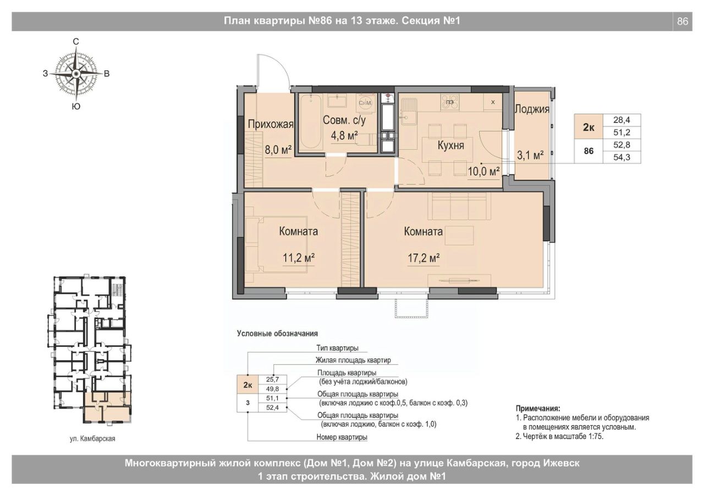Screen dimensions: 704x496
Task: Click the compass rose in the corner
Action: pyautogui.click(x=76, y=74)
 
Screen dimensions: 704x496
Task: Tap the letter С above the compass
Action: pyautogui.click(x=76, y=41)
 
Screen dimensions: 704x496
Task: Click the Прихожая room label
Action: pyautogui.click(x=271, y=124)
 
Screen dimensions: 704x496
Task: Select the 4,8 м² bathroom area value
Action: pyautogui.click(x=344, y=136)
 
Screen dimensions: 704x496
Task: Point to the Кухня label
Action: pyautogui.click(x=450, y=146)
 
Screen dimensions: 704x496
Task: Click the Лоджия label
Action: pyautogui.click(x=532, y=109)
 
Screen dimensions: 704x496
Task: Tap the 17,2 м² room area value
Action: pyautogui.click(x=424, y=258)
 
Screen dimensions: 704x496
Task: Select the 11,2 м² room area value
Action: pyautogui.click(x=299, y=258)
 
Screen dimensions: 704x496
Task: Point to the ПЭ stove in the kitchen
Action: pyautogui.click(x=450, y=102)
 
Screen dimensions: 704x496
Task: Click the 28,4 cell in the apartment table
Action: pyautogui.click(x=621, y=120)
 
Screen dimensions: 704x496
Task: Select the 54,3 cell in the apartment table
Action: pyautogui.click(x=621, y=157)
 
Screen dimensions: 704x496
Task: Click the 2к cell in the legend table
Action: pyautogui.click(x=248, y=385)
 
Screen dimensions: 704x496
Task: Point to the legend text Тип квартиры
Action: pyautogui.click(x=337, y=348)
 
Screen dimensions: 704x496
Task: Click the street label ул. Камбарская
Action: pyautogui.click(x=92, y=438)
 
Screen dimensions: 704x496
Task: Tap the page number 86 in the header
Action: pyautogui.click(x=683, y=21)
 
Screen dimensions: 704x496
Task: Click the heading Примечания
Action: pyautogui.click(x=538, y=409)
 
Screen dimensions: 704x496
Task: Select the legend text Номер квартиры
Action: pyautogui.click(x=342, y=437)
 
